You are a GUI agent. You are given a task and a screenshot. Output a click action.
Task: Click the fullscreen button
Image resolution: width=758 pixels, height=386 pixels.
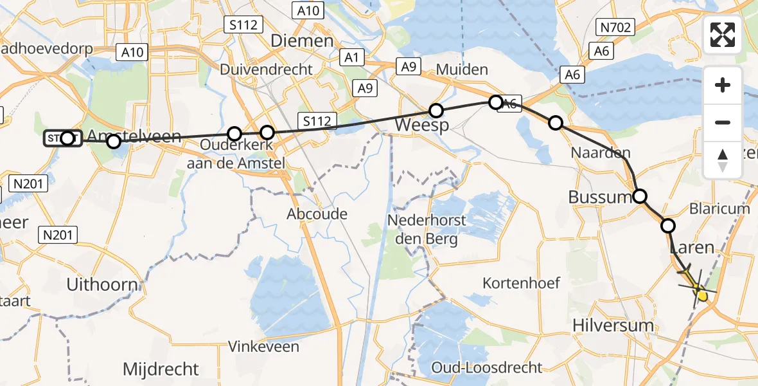click(x=723, y=35)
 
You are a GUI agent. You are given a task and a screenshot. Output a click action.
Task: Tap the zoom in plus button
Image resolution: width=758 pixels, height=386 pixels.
click(x=723, y=85)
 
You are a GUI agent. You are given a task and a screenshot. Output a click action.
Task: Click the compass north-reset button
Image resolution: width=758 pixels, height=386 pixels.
click(x=723, y=160)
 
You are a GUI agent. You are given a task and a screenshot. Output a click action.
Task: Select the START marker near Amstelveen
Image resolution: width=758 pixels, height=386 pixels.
click(x=62, y=138)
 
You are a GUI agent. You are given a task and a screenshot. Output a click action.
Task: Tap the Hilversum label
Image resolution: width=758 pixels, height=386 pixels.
click(x=613, y=326)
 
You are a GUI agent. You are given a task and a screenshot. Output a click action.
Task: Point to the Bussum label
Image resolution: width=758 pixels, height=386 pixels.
click(x=600, y=197)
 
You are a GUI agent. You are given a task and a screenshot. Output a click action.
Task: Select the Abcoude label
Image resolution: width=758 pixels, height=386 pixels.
click(x=317, y=214)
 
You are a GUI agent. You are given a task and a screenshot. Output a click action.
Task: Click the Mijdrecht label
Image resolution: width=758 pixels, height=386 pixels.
click(x=161, y=369)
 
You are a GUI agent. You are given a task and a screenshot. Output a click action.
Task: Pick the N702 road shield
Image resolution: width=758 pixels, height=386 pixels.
click(x=615, y=27)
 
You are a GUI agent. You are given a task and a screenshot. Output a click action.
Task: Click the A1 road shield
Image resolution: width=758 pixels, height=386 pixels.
click(x=351, y=57)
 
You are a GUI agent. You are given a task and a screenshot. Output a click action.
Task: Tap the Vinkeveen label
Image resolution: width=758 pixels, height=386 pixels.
click(x=263, y=347)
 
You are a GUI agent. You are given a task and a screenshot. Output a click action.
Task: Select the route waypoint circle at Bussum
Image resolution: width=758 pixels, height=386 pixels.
click(x=640, y=196)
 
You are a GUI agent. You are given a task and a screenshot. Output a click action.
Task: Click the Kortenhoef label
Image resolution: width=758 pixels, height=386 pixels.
click(x=521, y=282)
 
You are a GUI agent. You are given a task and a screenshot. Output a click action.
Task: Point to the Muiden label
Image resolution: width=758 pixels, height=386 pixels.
click(x=462, y=69)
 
